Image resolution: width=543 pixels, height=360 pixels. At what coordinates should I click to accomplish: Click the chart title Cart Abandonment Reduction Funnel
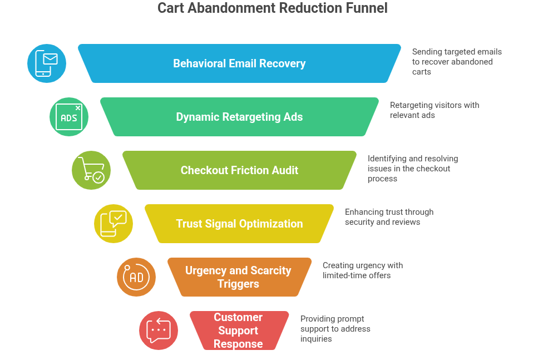(x=272, y=8)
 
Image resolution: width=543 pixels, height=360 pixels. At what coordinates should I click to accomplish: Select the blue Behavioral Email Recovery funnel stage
(x=239, y=63)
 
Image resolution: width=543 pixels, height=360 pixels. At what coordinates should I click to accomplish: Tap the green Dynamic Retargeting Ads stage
(x=239, y=117)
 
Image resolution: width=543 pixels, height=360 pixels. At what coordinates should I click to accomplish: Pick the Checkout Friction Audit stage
(x=239, y=170)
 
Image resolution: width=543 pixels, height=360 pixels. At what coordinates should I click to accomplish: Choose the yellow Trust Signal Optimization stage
(x=239, y=224)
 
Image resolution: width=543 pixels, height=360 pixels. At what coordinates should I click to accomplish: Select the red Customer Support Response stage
(x=239, y=331)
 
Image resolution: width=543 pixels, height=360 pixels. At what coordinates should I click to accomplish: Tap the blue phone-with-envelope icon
(x=47, y=63)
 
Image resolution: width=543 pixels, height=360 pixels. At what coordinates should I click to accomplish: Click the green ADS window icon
(x=69, y=117)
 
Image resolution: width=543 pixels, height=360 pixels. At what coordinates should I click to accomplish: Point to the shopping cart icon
(x=91, y=170)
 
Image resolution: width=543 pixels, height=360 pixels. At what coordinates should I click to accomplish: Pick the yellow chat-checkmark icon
(x=113, y=224)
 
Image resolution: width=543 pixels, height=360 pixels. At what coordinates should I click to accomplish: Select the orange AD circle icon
(x=136, y=277)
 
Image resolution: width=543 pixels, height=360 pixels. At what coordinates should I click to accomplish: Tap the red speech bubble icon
(x=159, y=331)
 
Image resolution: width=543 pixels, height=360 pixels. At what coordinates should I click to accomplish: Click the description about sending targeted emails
(x=457, y=62)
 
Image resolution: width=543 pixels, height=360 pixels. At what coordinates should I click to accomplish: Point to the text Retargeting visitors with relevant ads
(x=434, y=110)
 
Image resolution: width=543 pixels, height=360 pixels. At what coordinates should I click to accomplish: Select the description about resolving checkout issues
(x=413, y=169)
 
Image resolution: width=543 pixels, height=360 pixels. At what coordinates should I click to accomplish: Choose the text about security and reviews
(x=389, y=217)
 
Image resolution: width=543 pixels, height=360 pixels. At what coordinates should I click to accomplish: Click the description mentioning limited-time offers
(x=362, y=270)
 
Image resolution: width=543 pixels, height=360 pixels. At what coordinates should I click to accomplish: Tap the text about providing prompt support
(x=335, y=329)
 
